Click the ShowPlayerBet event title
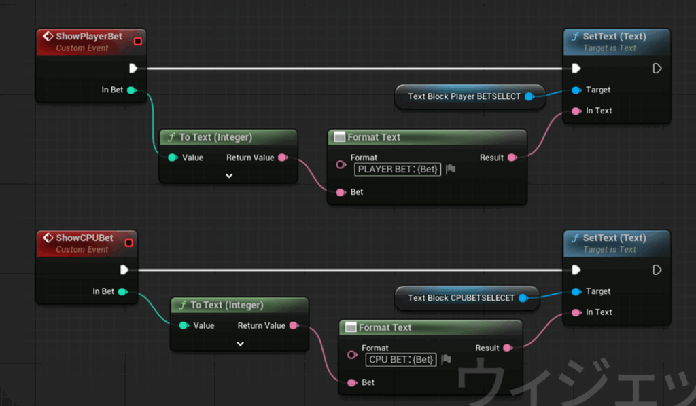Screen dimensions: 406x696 [89, 36]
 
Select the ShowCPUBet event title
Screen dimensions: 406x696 [84, 238]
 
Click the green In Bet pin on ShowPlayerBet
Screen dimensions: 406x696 [131, 90]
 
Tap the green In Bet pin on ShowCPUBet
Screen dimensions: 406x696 [122, 291]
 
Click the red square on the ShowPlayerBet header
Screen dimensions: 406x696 [138, 41]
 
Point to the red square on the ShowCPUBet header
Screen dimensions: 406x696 [129, 243]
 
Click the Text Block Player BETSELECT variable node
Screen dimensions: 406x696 [464, 96]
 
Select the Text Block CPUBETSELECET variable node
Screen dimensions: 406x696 [461, 298]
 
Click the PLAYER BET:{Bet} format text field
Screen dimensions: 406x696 [398, 169]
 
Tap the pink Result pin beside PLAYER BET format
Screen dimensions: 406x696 [512, 158]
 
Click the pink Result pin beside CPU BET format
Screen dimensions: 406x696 [507, 348]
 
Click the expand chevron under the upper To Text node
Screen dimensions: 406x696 [229, 176]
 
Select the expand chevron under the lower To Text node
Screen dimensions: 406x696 [240, 344]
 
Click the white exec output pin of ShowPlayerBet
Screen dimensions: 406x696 [133, 68]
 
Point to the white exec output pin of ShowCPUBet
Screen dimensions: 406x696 [124, 270]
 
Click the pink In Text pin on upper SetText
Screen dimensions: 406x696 [576, 111]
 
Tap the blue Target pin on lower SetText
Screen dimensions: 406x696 [576, 291]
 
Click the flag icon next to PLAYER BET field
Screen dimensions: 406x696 [451, 169]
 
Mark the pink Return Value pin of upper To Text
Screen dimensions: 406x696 [282, 158]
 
